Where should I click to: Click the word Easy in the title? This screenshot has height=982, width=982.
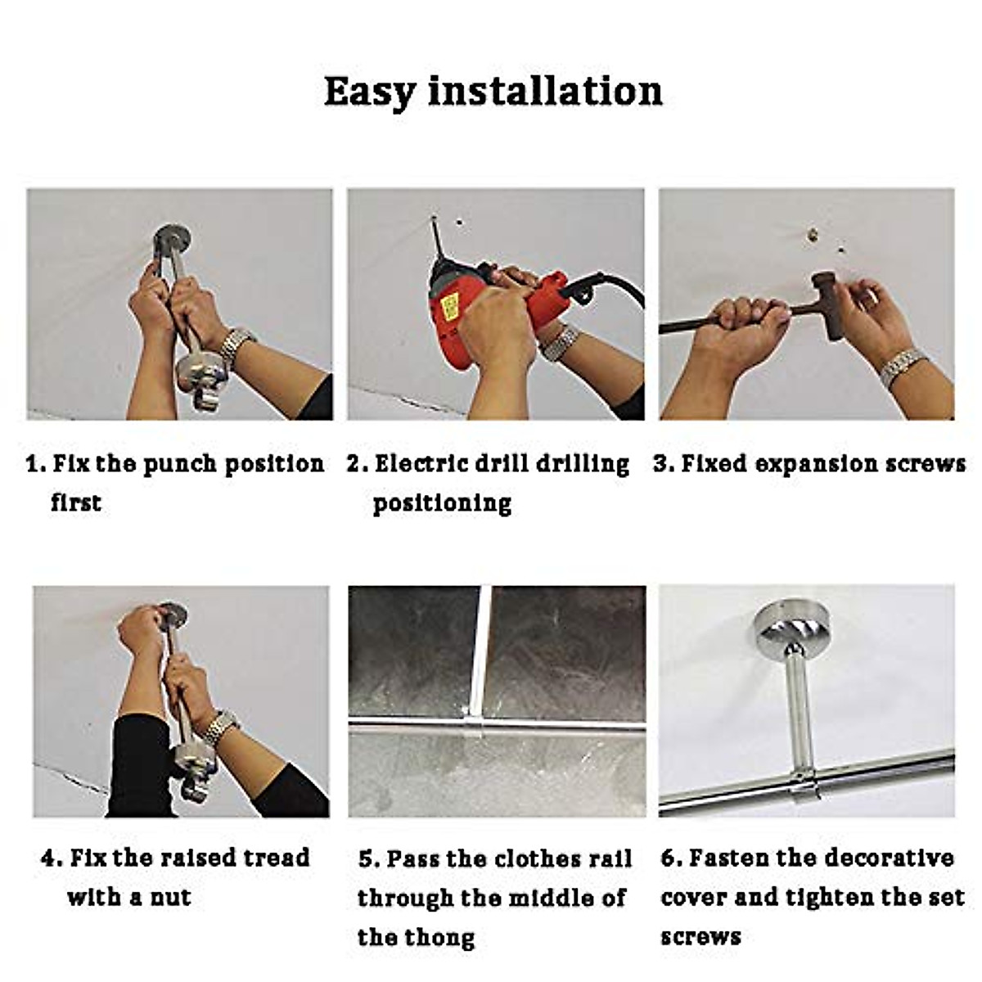(x=369, y=92)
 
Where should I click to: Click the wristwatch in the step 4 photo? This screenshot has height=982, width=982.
(x=221, y=727)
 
